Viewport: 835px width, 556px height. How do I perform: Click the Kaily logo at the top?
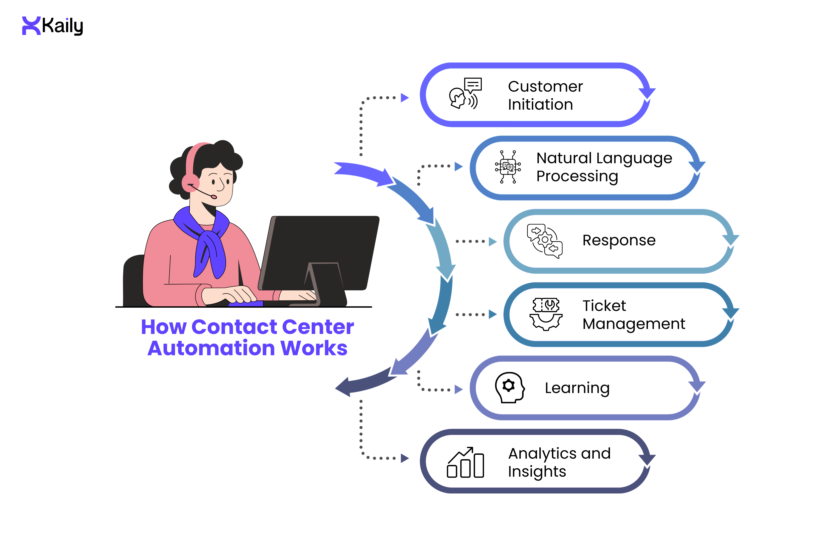[x=53, y=26]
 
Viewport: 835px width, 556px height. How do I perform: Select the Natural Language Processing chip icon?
[x=508, y=167]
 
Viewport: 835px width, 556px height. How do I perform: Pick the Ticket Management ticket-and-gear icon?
[x=546, y=314]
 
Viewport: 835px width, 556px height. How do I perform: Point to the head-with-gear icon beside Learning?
[x=509, y=387]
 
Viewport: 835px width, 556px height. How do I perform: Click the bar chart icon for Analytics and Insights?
[x=465, y=462]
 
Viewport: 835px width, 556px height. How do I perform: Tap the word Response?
[x=619, y=240]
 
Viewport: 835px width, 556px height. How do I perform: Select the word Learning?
[x=577, y=388]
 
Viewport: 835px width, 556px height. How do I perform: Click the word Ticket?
[x=604, y=306]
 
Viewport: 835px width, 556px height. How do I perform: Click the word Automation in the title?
[x=211, y=348]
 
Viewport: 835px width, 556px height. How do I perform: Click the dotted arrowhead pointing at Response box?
[x=492, y=242]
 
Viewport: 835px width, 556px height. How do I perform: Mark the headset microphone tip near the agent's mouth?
[x=214, y=197]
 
